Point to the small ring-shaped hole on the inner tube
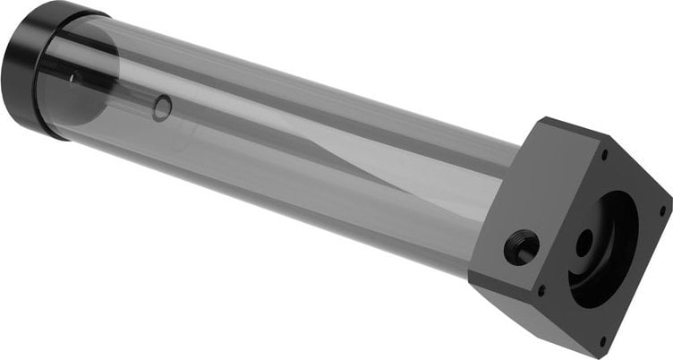pyautogui.click(x=162, y=108)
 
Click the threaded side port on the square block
pyautogui.click(x=521, y=246)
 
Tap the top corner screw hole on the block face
pyautogui.click(x=604, y=154)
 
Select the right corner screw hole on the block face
pyautogui.click(x=661, y=212)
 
